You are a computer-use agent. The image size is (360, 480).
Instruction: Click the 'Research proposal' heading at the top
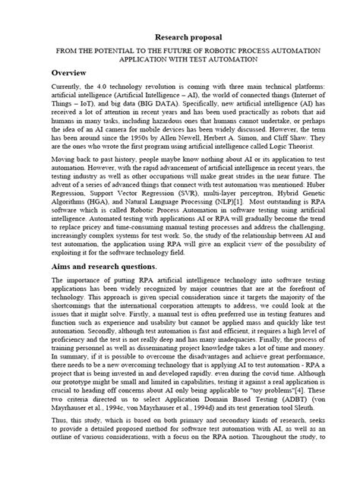coord(180,36)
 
